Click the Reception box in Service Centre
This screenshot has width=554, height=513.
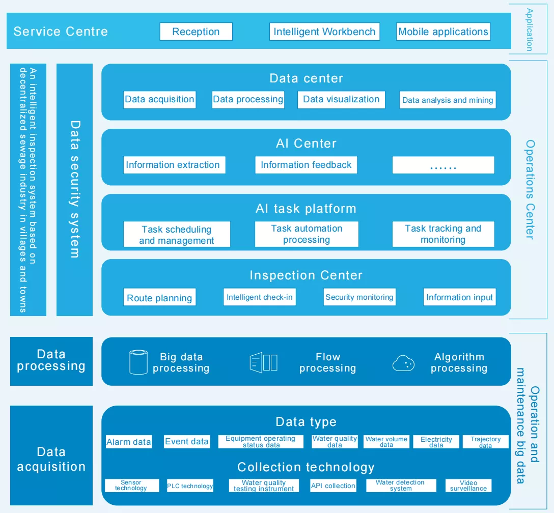click(196, 32)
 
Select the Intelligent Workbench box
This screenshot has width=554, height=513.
click(324, 32)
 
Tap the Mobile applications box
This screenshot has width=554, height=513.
click(443, 32)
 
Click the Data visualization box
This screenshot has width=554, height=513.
click(341, 100)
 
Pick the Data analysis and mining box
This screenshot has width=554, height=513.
click(448, 100)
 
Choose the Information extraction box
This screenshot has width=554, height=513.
click(173, 165)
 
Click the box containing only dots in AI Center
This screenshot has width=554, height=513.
click(443, 165)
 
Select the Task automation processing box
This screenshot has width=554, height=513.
click(307, 234)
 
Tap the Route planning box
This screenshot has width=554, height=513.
click(159, 298)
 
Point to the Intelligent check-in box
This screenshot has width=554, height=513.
click(260, 297)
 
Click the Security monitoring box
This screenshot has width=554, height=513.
click(359, 297)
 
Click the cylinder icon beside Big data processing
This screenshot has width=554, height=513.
click(138, 362)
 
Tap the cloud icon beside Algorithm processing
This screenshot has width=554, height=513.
click(403, 363)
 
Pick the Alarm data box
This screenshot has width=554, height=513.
click(128, 442)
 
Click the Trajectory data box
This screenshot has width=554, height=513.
click(485, 442)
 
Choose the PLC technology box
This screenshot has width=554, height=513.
click(190, 486)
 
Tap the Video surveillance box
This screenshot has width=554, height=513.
click(468, 486)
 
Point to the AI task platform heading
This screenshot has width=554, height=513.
click(306, 209)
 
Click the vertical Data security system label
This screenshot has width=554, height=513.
click(75, 189)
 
